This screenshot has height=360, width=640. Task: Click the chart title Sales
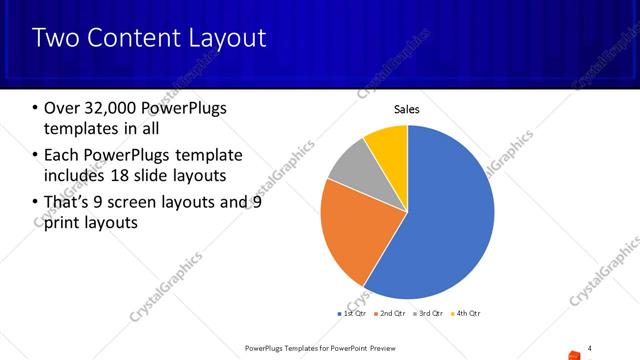point(406,108)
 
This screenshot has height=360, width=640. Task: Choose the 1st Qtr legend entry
point(353,314)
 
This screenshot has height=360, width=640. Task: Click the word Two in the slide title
point(53,39)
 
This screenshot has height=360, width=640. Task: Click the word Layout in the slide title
point(229,39)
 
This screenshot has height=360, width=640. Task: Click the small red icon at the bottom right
point(573,354)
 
